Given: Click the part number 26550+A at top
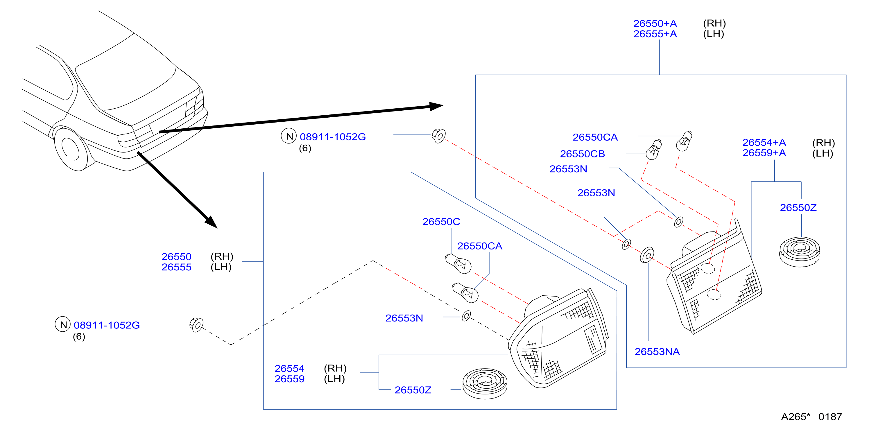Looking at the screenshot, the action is [655, 24].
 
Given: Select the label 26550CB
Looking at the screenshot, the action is [582, 154].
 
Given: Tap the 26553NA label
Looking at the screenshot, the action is [657, 351].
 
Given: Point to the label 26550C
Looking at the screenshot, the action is [441, 222].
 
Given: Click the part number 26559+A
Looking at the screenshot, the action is [764, 153].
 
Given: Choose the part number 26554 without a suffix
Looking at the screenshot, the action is [289, 369].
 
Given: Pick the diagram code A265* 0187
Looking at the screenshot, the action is [811, 417].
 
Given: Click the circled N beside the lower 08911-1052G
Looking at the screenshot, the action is [63, 324].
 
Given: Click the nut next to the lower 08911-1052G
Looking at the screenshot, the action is [197, 325].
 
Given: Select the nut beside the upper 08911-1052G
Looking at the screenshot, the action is [439, 136].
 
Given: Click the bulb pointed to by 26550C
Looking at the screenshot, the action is [458, 263].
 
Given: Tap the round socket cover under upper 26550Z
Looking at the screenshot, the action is [800, 252].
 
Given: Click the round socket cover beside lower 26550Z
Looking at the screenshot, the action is [485, 383].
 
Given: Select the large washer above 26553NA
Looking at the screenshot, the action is [647, 255].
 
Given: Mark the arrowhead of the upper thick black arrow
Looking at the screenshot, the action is [436, 106].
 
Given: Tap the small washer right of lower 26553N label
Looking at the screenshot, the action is [466, 316].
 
